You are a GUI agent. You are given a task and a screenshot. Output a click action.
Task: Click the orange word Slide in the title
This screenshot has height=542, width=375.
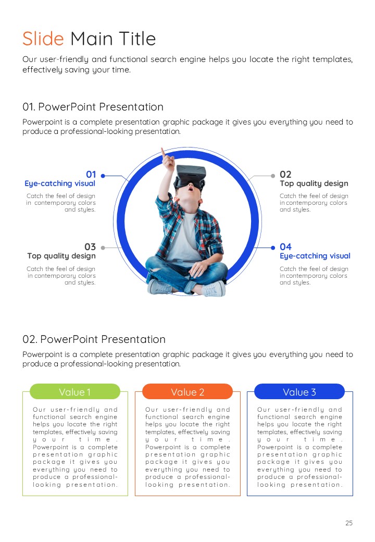(x=43, y=39)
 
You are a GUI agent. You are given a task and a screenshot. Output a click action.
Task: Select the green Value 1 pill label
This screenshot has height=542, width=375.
(x=75, y=391)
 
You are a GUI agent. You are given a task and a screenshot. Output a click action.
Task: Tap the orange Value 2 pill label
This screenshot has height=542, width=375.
(x=187, y=391)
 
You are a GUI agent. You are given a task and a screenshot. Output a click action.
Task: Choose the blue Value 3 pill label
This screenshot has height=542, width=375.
(x=299, y=391)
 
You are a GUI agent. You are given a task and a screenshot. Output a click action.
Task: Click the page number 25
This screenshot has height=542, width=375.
(x=349, y=523)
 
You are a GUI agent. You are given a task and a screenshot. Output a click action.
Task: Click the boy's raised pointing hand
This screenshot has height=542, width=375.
(x=167, y=158)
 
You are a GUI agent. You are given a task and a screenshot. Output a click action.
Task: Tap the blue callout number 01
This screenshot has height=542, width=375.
(x=91, y=174)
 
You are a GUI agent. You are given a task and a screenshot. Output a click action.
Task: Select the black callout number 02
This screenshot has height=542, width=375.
(x=285, y=174)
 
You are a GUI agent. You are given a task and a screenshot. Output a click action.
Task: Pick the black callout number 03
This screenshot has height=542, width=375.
(x=90, y=247)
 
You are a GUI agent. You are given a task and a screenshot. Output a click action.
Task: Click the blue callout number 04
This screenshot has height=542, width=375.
(x=285, y=247)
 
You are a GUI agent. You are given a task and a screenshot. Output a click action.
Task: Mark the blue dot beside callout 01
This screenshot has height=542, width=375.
(x=103, y=176)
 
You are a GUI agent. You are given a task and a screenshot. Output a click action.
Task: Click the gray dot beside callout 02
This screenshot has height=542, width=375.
(x=273, y=176)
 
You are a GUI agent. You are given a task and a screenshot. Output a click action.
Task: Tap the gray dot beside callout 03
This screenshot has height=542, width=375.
(x=103, y=248)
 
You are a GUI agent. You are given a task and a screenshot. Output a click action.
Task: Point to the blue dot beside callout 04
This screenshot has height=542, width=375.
(x=273, y=248)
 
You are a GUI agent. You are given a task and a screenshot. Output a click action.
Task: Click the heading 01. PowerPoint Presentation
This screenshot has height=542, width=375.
(x=93, y=107)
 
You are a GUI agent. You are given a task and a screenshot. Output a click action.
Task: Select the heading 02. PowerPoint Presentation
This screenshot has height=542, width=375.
(x=94, y=339)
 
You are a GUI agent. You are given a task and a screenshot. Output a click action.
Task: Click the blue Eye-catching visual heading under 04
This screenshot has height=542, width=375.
(x=315, y=256)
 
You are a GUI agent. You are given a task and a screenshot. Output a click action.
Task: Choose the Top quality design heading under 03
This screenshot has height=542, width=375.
(x=61, y=256)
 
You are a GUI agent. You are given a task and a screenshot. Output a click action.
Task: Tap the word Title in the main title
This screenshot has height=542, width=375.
(x=137, y=39)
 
